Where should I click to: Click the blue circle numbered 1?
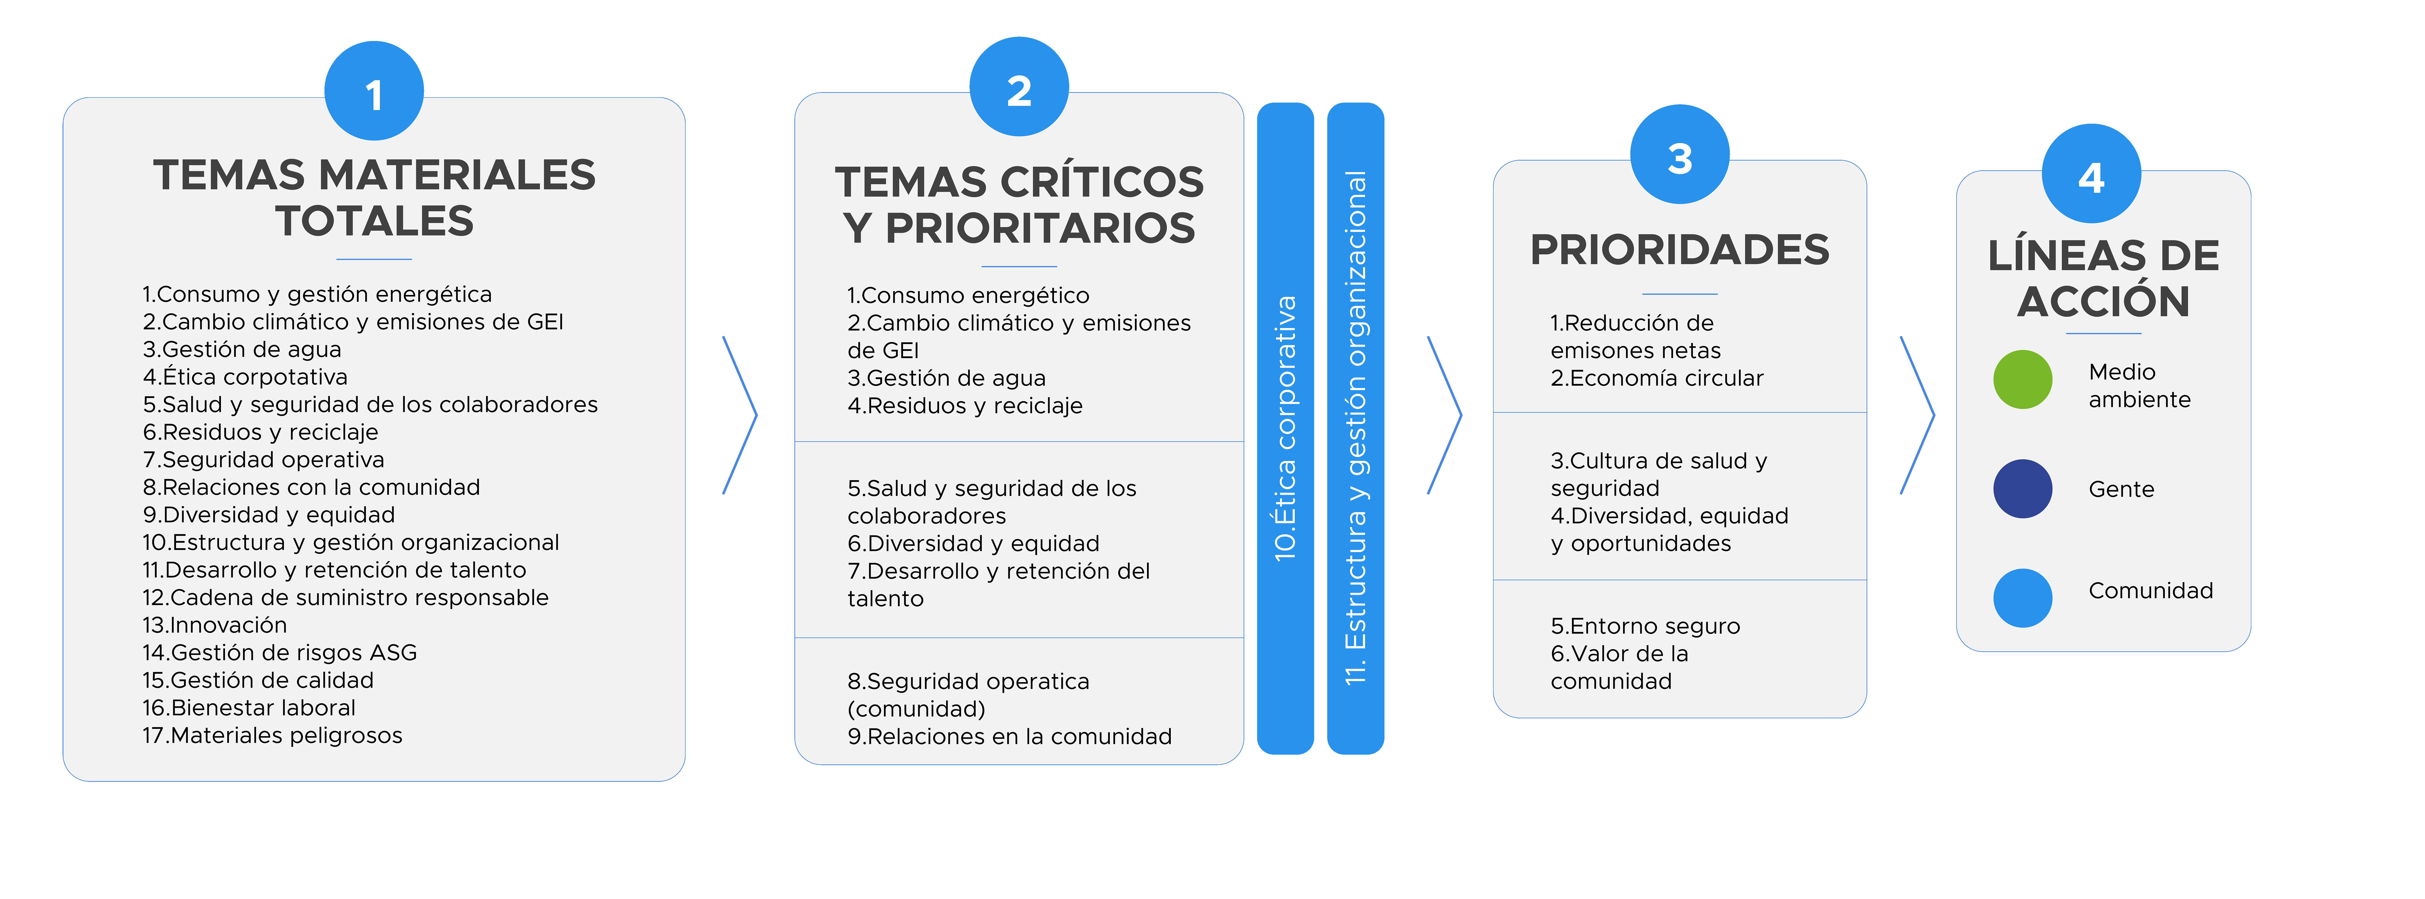(x=374, y=91)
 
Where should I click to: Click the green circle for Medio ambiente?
(x=2022, y=379)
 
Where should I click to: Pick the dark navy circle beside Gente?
(x=2022, y=489)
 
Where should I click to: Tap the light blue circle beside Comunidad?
(x=2022, y=598)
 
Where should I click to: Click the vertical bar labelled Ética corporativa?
(x=1285, y=428)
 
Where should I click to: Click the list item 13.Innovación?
(x=215, y=625)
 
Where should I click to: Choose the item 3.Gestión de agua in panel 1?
(x=242, y=349)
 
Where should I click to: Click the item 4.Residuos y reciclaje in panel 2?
(x=965, y=406)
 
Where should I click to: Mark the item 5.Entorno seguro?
(x=1646, y=626)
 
